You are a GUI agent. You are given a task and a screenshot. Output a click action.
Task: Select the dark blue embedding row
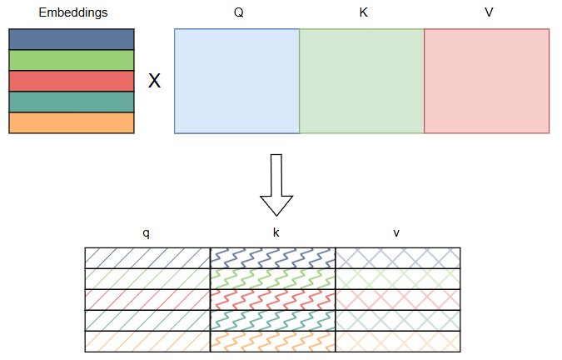pos(71,39)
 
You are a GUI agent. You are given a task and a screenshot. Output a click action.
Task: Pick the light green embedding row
pos(71,60)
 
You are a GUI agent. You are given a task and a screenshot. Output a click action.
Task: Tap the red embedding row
pos(71,81)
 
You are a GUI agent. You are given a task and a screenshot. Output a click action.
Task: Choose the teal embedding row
pos(71,102)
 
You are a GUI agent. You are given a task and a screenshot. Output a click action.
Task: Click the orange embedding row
pos(71,122)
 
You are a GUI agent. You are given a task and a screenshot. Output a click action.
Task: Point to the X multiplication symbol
pos(154,82)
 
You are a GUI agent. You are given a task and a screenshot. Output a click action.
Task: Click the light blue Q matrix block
pos(237,81)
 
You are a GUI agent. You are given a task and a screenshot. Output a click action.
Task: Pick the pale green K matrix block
pos(361,81)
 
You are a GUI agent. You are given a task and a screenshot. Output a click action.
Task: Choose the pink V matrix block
pos(486,81)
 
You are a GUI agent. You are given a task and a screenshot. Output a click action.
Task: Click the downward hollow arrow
pos(276,185)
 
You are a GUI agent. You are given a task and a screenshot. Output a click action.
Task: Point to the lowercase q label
pos(147,233)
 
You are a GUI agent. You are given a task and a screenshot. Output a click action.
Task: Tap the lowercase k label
pos(276,233)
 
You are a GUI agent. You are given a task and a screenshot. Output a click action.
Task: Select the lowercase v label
pos(396,233)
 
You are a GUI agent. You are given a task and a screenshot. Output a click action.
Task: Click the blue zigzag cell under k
pos(272,257)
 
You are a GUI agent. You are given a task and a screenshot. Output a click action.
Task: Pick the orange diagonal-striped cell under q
pos(147,341)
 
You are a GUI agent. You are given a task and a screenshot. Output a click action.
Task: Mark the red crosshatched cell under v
pos(397,299)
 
